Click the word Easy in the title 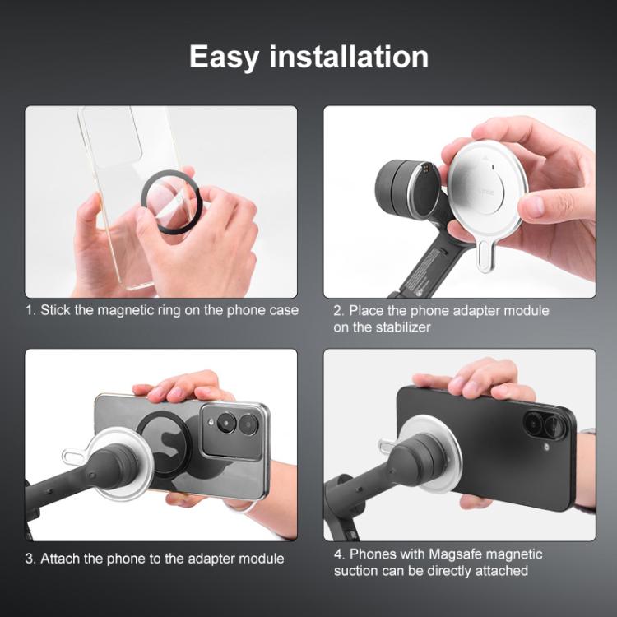225,57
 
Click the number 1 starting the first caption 29,311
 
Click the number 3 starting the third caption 29,559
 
